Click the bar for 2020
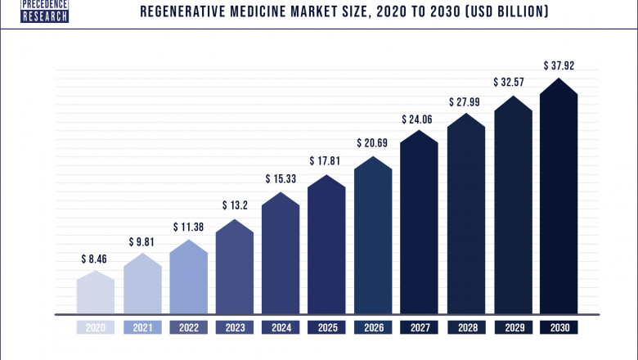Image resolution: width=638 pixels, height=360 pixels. coord(96,293)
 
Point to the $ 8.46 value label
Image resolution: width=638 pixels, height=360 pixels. coord(95,259)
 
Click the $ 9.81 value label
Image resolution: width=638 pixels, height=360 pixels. coord(142,242)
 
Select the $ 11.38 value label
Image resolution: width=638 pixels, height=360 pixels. coord(188,227)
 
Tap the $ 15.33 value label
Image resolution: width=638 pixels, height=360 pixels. coord(281,178)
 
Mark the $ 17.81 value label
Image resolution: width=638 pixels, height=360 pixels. coord(327,161)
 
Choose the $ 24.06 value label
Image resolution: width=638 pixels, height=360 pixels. coord(420,119)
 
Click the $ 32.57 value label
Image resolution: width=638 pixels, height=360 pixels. coord(512,83)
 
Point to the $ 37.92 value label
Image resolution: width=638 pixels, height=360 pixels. coord(559,65)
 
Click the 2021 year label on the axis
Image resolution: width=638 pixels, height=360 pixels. coord(142,327)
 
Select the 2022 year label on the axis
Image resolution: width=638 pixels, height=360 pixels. coord(189,327)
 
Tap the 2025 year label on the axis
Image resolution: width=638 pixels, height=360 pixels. coord(327,327)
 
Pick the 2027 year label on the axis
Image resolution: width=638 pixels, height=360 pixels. coord(420,327)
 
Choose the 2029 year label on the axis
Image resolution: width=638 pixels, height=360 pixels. coord(512,327)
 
